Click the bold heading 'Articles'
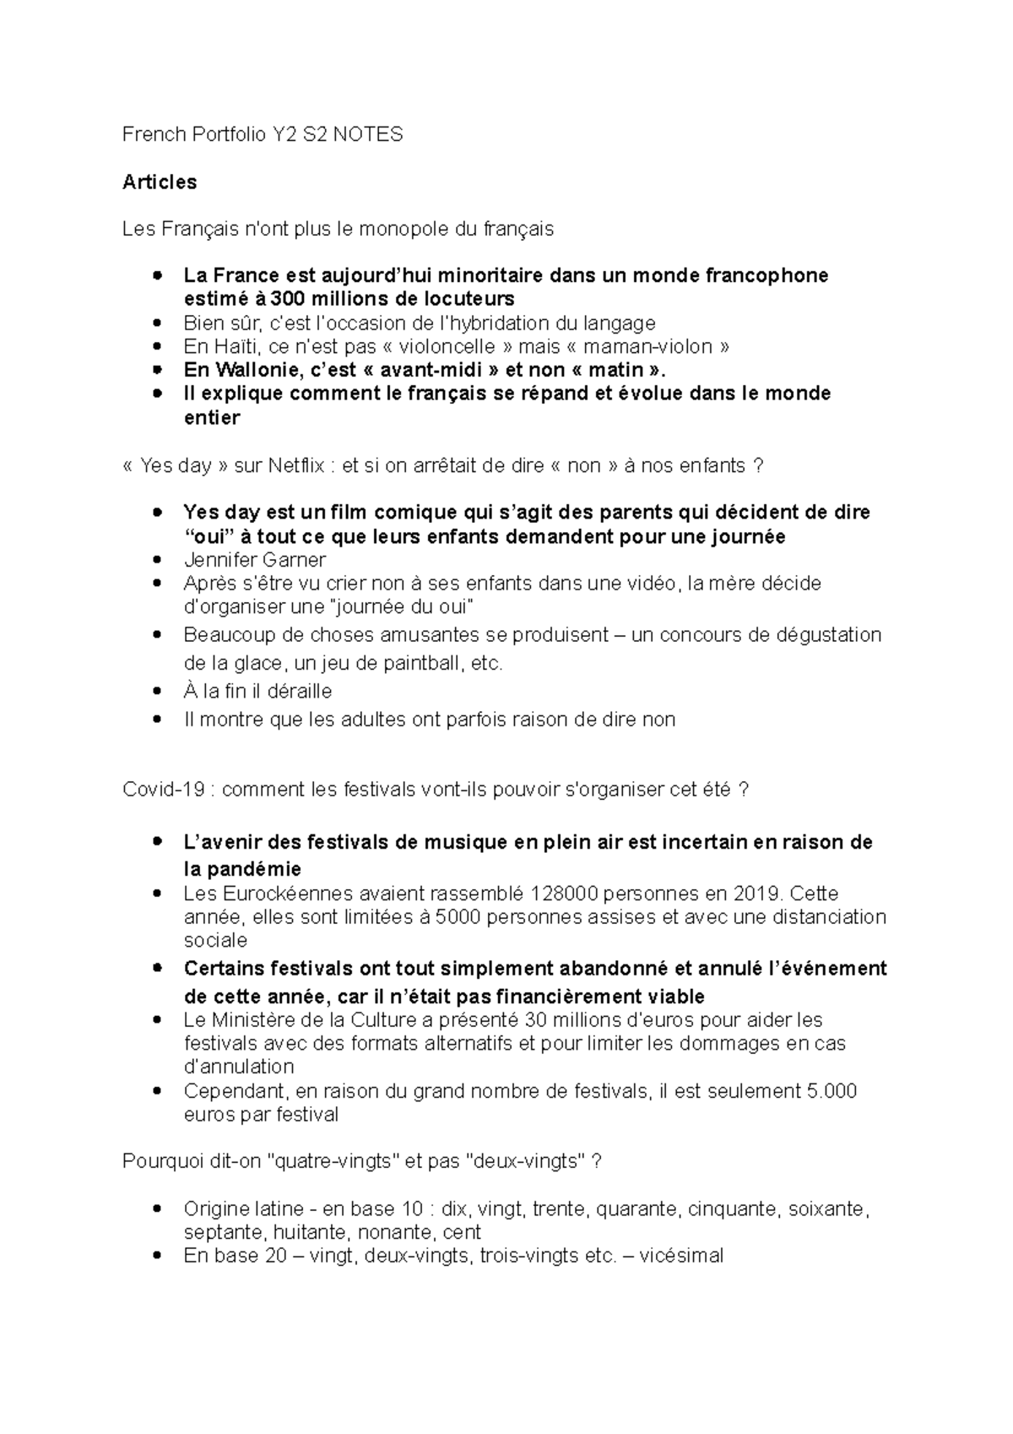point(160,182)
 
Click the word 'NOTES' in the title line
point(367,134)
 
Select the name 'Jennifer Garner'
point(254,560)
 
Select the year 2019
point(757,894)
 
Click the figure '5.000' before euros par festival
point(832,1091)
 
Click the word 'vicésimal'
point(681,1256)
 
